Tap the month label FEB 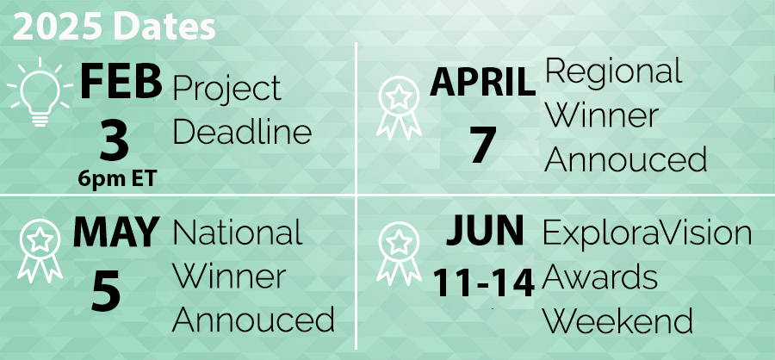[x=121, y=84]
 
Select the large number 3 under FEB [x=114, y=141]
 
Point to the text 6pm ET [x=115, y=178]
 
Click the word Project [x=227, y=89]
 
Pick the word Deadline [x=242, y=133]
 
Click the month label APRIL [x=482, y=84]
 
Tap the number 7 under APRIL [x=483, y=145]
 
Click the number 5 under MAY [x=106, y=291]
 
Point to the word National [x=238, y=233]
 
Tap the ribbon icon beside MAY [x=40, y=251]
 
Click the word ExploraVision [x=647, y=233]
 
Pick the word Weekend [x=617, y=320]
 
